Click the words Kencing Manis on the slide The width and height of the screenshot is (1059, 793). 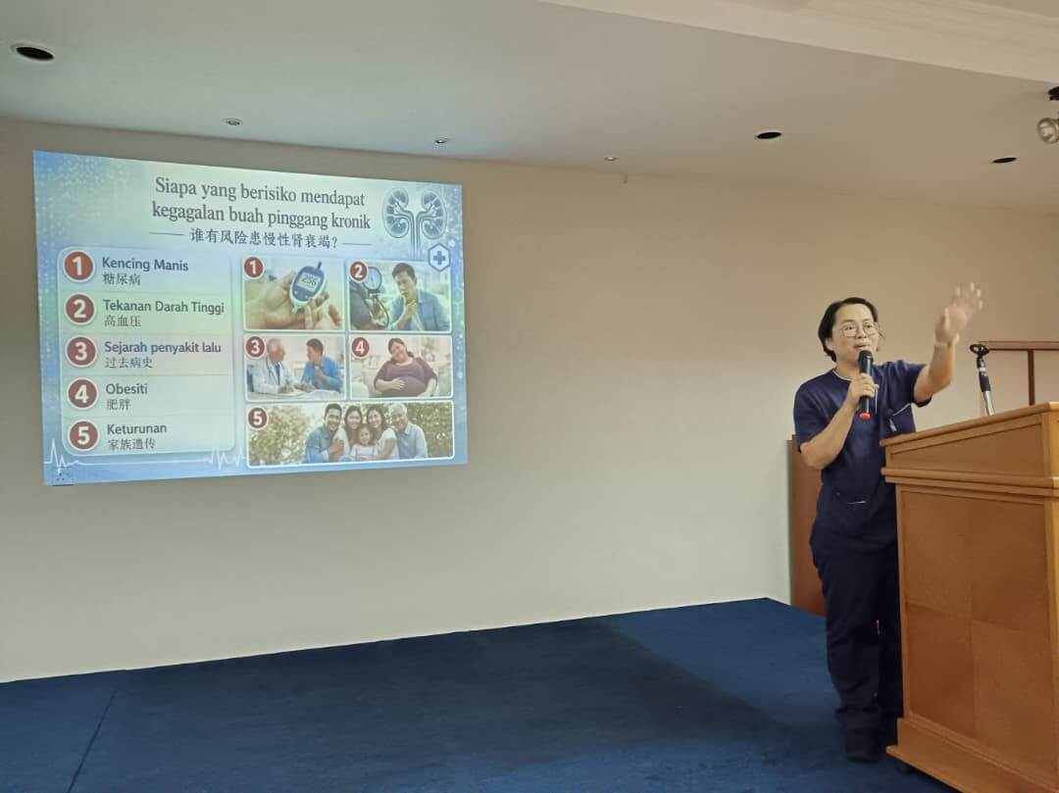144,265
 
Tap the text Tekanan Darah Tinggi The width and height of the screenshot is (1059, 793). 164,307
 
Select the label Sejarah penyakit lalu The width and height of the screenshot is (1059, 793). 162,348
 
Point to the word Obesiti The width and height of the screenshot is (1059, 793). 126,389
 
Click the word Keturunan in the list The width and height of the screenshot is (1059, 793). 136,428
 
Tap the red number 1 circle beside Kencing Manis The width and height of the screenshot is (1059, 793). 77,266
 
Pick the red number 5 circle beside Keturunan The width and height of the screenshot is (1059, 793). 83,435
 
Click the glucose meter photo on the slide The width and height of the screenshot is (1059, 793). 294,294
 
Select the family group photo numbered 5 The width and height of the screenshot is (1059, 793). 350,433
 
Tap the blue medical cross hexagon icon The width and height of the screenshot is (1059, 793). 439,257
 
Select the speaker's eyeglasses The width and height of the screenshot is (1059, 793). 859,329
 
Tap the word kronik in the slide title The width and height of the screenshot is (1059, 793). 350,220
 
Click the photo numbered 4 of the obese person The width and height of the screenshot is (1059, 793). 401,367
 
